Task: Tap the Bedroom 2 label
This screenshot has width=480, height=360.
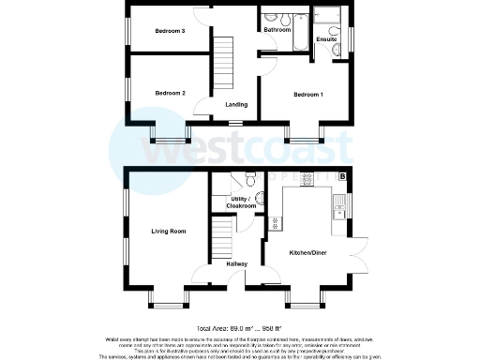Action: point(170,93)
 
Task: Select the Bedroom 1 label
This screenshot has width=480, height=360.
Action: point(307,95)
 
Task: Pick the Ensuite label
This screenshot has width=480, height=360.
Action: point(327,39)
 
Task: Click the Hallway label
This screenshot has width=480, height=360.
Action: point(236,264)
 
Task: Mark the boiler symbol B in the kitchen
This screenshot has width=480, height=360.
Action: point(343,176)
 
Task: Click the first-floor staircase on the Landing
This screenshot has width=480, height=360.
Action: point(224,58)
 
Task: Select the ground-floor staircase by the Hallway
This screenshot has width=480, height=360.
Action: point(223,241)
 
